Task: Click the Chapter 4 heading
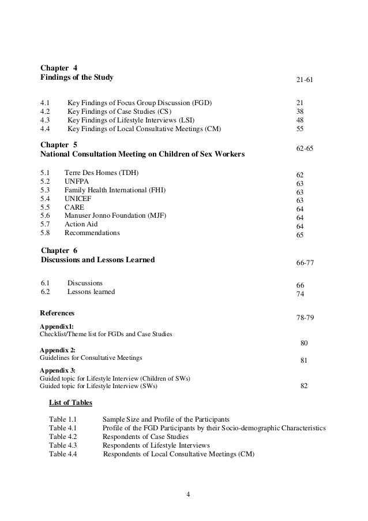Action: pos(58,67)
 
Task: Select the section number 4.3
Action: pos(45,120)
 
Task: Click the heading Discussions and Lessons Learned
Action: pos(97,260)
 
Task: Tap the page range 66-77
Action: pos(305,263)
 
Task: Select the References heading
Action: pos(57,312)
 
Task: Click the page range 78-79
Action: pos(305,318)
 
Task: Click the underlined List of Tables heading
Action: pos(70,403)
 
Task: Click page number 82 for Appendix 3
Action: pos(304,386)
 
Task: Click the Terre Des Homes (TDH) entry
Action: pos(102,172)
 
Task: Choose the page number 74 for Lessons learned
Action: pos(300,294)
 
